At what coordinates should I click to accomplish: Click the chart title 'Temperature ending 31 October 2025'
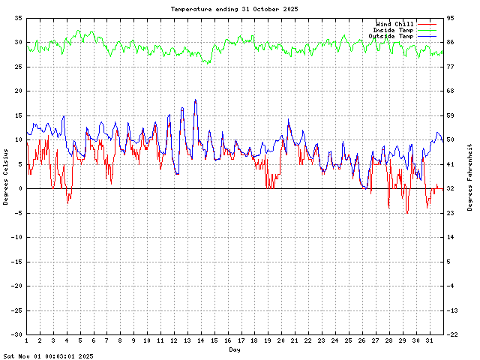234,9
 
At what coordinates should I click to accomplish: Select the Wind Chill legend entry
393,24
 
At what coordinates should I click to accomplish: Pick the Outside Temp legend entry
390,36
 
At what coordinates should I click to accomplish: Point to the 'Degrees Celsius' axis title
6,176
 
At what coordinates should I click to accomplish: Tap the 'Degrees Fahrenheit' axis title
469,176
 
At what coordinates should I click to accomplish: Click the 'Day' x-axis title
235,349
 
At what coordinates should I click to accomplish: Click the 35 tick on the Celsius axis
17,17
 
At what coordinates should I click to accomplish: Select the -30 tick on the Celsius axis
16,334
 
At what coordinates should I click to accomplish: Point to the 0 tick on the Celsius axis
19,188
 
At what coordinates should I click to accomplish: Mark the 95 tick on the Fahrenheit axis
451,17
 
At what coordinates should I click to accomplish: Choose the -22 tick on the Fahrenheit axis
452,334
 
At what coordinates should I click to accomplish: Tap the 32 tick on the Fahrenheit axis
451,188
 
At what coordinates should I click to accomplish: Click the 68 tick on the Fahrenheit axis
451,91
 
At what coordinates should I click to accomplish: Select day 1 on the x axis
26,340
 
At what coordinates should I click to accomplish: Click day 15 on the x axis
214,340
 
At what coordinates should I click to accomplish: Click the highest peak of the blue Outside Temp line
196,100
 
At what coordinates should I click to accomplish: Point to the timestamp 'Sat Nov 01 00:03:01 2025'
48,356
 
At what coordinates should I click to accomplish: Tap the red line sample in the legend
426,24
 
